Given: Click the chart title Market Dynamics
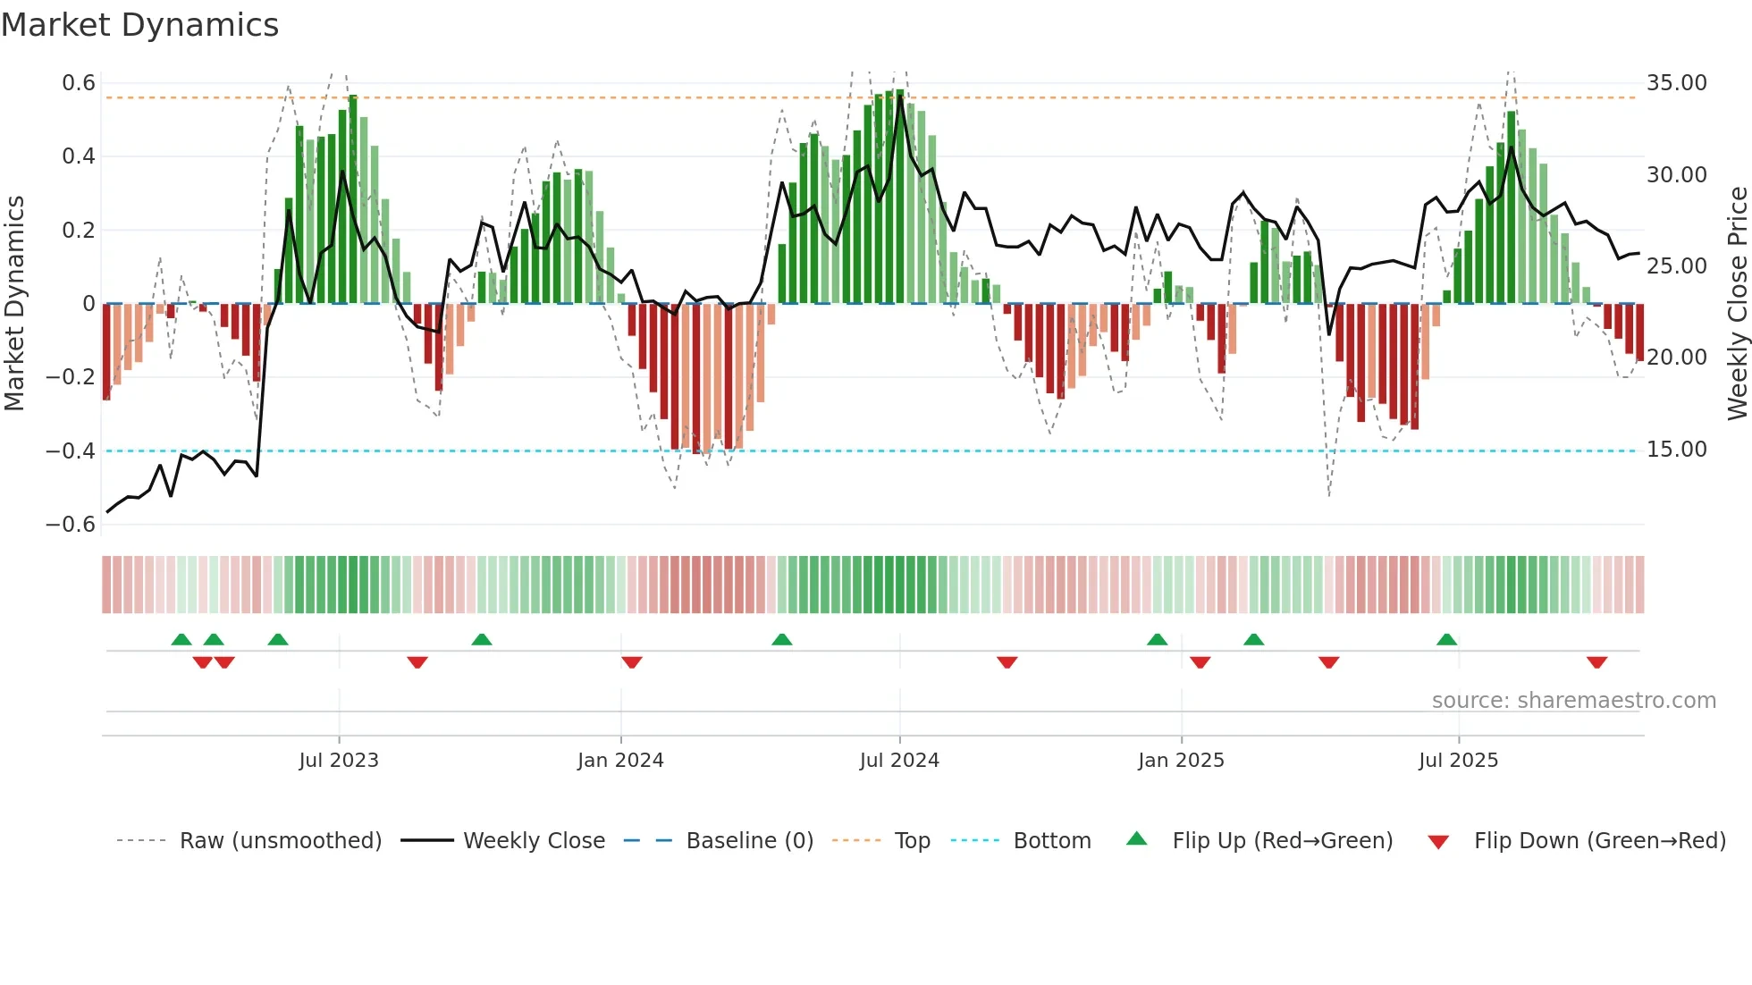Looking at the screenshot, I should tap(140, 25).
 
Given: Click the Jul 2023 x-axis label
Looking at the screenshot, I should tap(339, 761).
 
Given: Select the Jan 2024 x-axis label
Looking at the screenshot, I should tap(620, 761).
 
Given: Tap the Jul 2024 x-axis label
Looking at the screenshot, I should tap(899, 761).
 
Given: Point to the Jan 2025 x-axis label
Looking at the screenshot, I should tap(1181, 761).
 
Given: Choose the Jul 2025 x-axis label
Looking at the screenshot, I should tap(1458, 761).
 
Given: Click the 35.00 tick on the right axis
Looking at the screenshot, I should tap(1676, 83).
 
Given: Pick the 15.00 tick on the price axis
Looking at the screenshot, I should tap(1676, 450).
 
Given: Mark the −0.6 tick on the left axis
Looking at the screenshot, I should tap(71, 525).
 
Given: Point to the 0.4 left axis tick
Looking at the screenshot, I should tap(78, 156).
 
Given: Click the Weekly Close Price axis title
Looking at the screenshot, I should tap(1737, 303).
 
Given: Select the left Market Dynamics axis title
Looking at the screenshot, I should tap(14, 303).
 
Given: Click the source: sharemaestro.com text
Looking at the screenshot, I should tap(1573, 701).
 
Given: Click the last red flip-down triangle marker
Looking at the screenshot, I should tap(1596, 662).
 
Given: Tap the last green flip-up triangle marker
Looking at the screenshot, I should tap(1446, 639).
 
